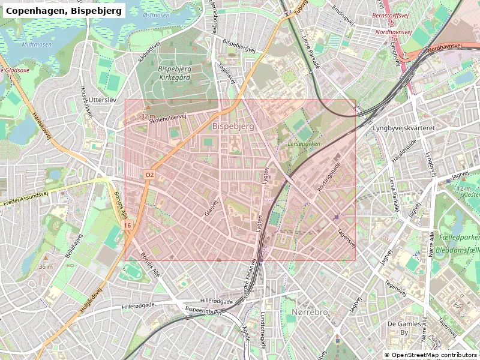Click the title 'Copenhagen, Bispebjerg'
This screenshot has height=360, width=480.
click(64, 10)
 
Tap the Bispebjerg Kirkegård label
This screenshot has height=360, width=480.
click(174, 73)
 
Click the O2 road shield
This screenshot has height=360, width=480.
click(150, 175)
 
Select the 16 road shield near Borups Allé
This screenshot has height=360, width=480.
click(128, 225)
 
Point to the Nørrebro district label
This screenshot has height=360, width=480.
click(309, 313)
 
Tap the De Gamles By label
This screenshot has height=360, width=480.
click(398, 328)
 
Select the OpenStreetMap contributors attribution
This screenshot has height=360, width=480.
click(431, 355)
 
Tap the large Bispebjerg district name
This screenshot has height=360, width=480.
click(233, 127)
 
